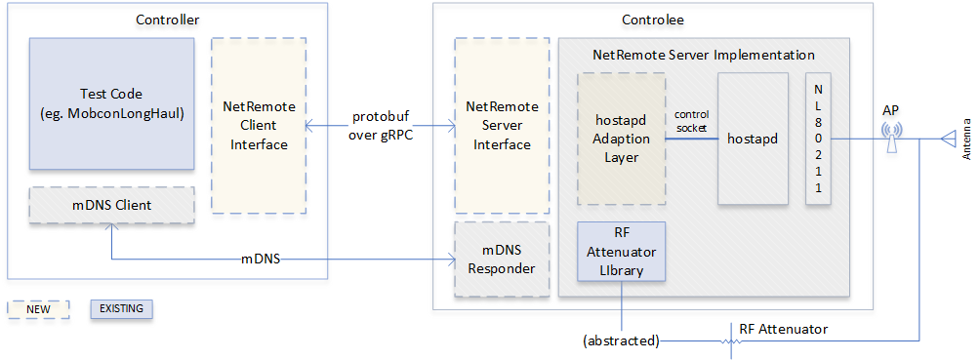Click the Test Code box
coord(111,102)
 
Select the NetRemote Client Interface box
coord(259,124)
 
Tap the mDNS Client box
coord(111,206)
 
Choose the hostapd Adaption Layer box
coord(622,137)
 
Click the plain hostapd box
coord(752,139)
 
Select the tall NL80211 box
coord(818,138)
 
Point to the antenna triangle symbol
coord(948,140)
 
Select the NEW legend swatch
coord(39,309)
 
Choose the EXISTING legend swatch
coord(122,309)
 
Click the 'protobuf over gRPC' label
coord(381,126)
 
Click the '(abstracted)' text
coord(621,340)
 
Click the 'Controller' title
coord(167,20)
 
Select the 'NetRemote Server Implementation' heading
coord(704,55)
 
